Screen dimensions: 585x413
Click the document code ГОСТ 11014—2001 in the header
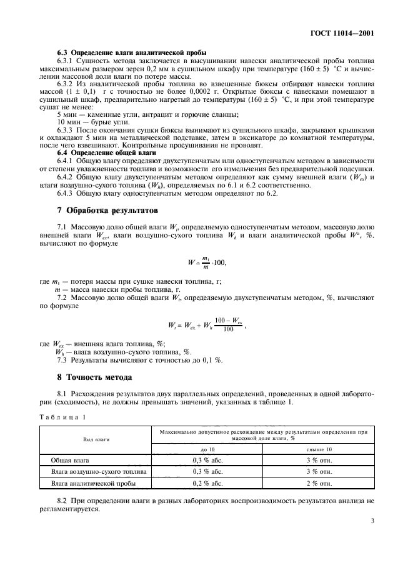click(x=349, y=32)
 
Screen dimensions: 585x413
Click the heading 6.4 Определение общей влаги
click(x=103, y=152)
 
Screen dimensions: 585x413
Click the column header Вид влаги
click(x=96, y=439)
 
